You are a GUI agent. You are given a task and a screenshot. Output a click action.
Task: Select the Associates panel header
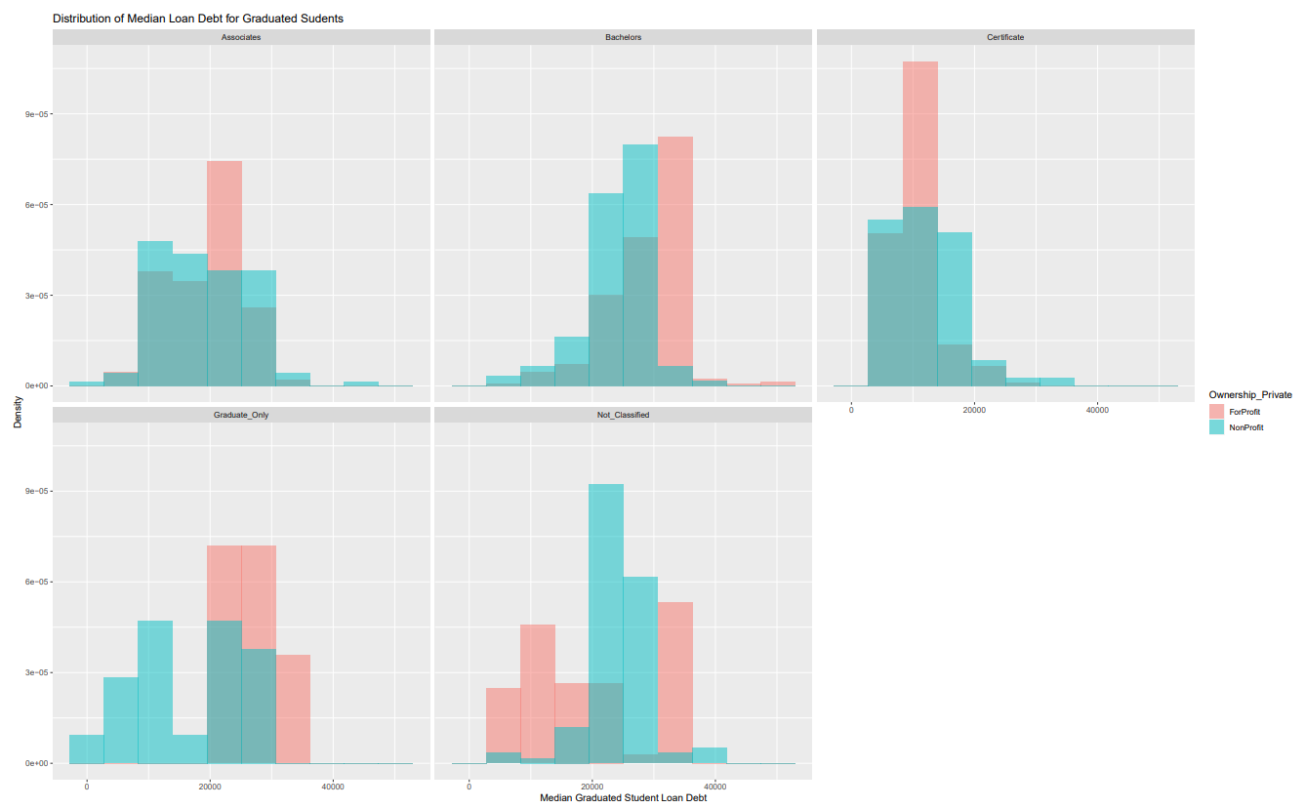click(241, 37)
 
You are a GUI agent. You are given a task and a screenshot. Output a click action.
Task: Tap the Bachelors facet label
click(623, 37)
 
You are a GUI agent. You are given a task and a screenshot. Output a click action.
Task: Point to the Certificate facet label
click(1005, 37)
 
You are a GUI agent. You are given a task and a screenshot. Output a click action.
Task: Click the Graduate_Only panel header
click(241, 415)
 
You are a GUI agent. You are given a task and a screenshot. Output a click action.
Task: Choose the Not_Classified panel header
click(623, 415)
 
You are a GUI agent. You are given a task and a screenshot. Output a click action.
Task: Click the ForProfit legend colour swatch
click(1216, 412)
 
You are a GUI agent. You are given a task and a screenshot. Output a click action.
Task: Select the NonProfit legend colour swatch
click(1216, 427)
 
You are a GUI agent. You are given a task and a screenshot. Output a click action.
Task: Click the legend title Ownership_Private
click(1250, 395)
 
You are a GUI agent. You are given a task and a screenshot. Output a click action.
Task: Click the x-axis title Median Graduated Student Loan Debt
click(623, 798)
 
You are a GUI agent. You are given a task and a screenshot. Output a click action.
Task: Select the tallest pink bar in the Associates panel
click(224, 215)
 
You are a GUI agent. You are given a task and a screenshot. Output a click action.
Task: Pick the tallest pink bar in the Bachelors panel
click(674, 254)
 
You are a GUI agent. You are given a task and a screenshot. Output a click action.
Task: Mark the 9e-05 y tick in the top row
click(36, 114)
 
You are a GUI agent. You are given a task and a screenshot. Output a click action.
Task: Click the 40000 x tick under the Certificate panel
click(1097, 409)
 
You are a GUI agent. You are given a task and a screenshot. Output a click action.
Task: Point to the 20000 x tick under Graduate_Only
click(210, 786)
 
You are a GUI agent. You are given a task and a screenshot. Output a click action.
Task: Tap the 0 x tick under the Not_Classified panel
click(469, 786)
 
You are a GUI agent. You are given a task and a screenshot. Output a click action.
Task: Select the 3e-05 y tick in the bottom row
click(36, 672)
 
